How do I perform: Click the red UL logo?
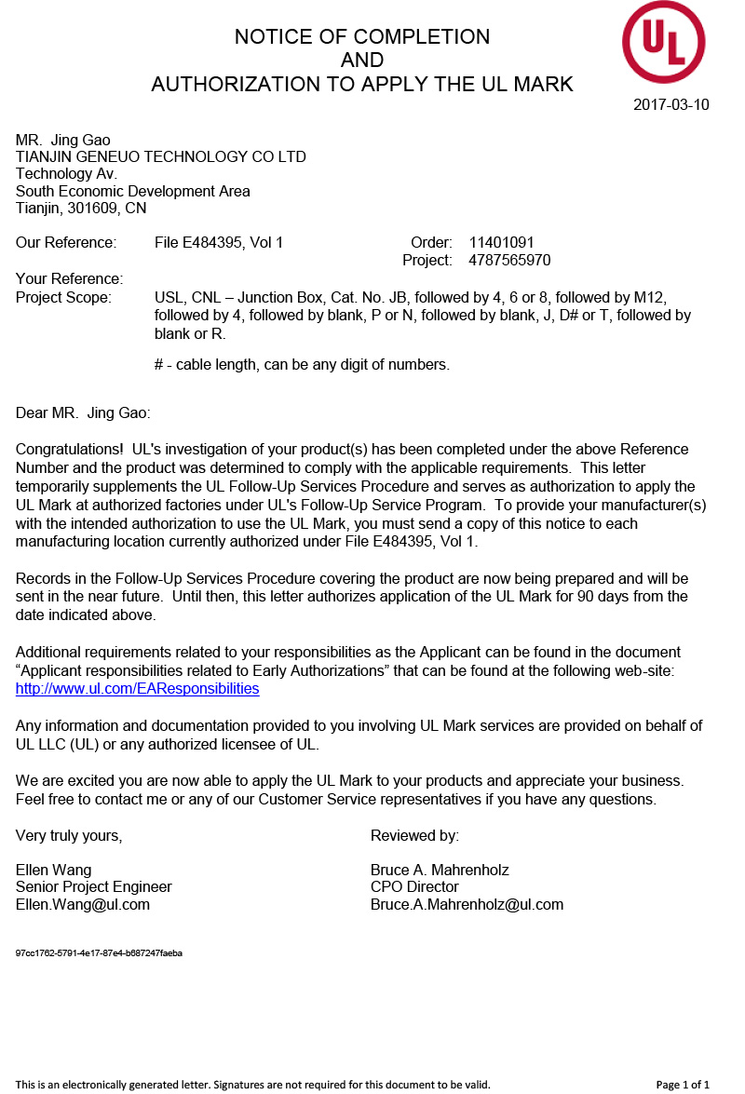[663, 42]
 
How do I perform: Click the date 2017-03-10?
[670, 104]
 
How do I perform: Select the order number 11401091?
[501, 243]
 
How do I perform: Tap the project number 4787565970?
[509, 261]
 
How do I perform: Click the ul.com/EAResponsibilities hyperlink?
[137, 689]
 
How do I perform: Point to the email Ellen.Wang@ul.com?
[83, 904]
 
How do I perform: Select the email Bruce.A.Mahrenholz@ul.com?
[467, 904]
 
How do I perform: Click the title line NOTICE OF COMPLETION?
[362, 37]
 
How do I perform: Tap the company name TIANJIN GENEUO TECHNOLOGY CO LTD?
[161, 156]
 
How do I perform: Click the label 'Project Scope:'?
[63, 298]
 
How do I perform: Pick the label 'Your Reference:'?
[69, 279]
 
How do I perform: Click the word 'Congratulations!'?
[70, 450]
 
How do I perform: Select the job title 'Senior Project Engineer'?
[94, 887]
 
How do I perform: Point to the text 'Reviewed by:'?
[414, 836]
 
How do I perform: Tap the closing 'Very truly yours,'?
[69, 836]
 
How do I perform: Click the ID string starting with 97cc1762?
[99, 953]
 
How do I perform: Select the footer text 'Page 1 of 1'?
[683, 1085]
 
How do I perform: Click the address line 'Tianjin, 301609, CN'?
[81, 209]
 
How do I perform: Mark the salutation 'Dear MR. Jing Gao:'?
[83, 412]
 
